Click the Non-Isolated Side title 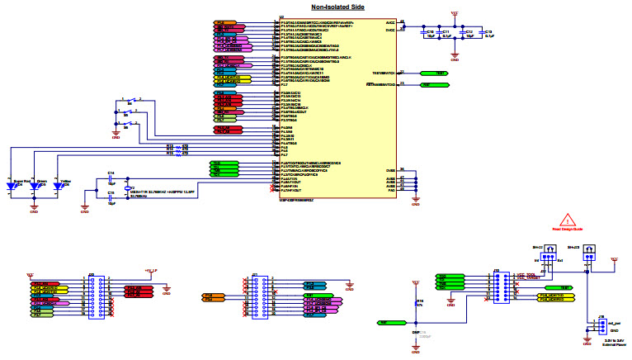(316, 7)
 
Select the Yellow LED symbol (57, 187)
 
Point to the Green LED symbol (34, 187)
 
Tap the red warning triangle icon (567, 219)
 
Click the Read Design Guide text (567, 230)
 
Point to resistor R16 (415, 303)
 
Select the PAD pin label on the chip (390, 191)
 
